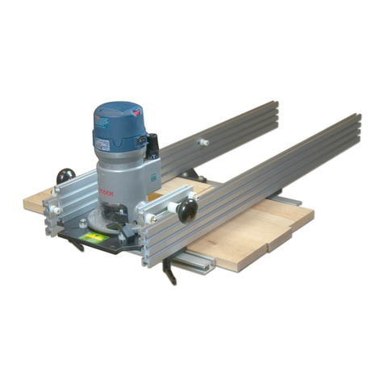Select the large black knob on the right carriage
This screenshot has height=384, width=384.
tap(187, 211)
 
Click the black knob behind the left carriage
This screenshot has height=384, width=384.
tap(65, 175)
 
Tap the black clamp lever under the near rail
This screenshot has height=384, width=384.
tap(169, 271)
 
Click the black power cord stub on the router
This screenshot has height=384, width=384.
tap(152, 146)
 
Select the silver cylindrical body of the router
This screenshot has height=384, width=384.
tap(121, 177)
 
